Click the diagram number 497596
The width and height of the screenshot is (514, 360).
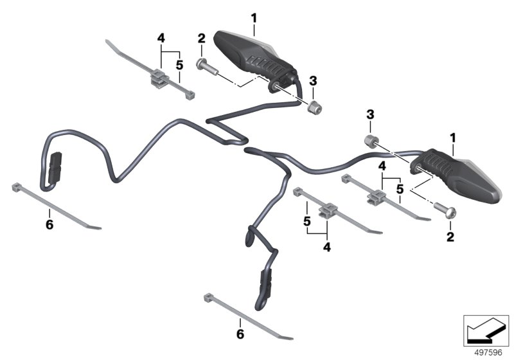[x=488, y=353]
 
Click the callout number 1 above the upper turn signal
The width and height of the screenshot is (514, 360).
[x=254, y=18]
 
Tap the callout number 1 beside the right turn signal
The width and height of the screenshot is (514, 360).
[x=453, y=138]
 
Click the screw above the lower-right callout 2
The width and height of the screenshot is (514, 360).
[x=445, y=210]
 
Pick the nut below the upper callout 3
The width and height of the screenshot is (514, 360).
[x=314, y=107]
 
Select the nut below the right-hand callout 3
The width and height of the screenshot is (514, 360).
[x=371, y=141]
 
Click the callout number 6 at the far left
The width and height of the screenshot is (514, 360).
[x=49, y=225]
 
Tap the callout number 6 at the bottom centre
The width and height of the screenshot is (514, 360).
[x=240, y=334]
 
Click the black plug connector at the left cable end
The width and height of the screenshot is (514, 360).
[x=55, y=168]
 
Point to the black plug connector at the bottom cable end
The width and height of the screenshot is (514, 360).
[x=266, y=284]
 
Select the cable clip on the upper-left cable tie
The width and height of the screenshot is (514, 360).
[x=160, y=79]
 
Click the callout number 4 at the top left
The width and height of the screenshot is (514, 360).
[x=161, y=39]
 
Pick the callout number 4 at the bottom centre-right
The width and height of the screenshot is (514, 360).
[x=327, y=247]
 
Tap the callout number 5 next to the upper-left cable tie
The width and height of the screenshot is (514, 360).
[x=179, y=65]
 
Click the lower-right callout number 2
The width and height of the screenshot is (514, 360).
[x=450, y=237]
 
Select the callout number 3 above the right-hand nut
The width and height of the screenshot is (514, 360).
[x=370, y=115]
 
